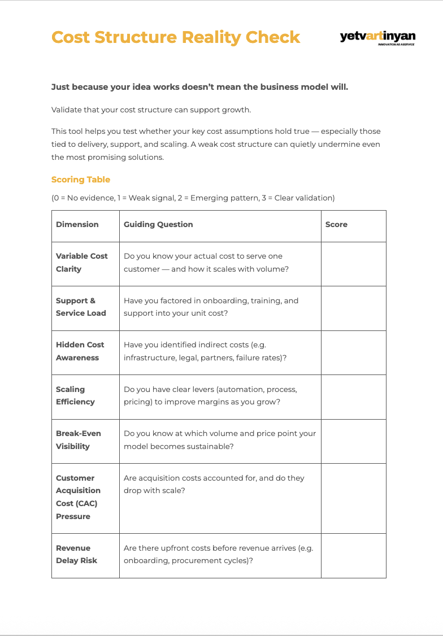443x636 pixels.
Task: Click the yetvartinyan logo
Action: [377, 37]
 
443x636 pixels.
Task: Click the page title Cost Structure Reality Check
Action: [176, 37]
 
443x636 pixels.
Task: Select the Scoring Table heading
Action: [81, 180]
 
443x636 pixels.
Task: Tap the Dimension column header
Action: [77, 224]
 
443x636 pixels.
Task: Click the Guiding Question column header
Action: [158, 224]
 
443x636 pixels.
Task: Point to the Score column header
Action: [336, 224]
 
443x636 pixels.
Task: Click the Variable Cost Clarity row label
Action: [81, 262]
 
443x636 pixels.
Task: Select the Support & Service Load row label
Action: [81, 307]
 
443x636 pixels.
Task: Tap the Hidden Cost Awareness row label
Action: [80, 351]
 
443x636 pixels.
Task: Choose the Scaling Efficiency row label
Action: [75, 395]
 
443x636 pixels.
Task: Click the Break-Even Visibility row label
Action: [78, 439]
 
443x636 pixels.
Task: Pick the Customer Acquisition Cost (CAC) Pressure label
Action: [78, 497]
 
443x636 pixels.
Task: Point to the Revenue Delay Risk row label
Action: [76, 554]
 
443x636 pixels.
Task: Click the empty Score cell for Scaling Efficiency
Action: [353, 397]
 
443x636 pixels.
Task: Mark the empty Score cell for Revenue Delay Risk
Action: [353, 555]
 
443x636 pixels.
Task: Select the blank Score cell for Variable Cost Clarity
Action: [353, 264]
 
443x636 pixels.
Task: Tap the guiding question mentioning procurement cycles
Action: [218, 554]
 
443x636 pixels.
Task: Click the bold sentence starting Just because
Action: [199, 87]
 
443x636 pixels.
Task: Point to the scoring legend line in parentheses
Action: [193, 198]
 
